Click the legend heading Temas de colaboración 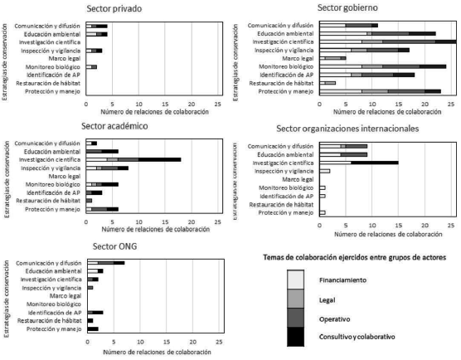pyautogui.click(x=348, y=258)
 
